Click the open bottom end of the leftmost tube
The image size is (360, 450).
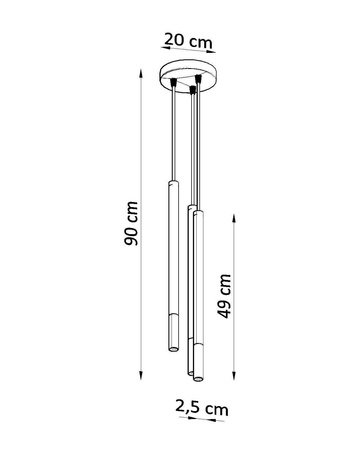point(171,352)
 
